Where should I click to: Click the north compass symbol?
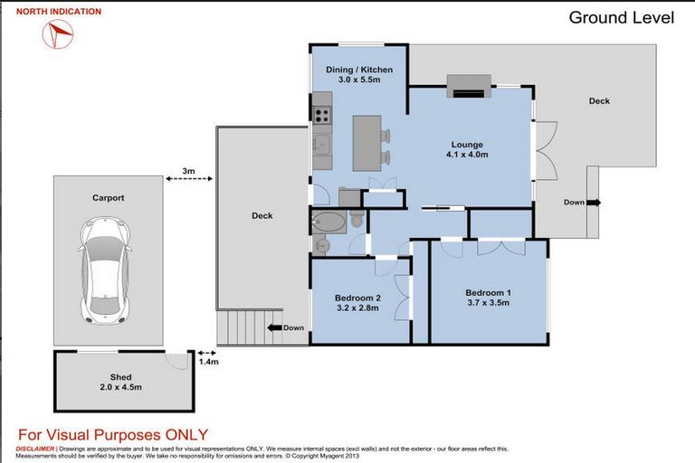click(x=58, y=33)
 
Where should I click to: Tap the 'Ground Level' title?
click(x=621, y=18)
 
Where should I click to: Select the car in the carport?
click(x=106, y=269)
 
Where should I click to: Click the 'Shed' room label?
click(x=120, y=377)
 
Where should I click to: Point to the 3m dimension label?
click(x=188, y=171)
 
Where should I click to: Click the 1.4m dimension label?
click(x=208, y=362)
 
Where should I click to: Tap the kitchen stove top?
click(x=322, y=115)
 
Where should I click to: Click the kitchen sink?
click(x=321, y=144)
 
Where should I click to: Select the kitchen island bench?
click(x=367, y=143)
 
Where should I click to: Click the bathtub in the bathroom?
click(x=328, y=222)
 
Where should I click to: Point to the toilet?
click(x=357, y=218)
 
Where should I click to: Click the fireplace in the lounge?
click(x=469, y=87)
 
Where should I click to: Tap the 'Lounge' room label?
click(x=467, y=145)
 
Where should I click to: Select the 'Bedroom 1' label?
click(x=488, y=293)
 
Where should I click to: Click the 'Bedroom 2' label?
click(x=357, y=298)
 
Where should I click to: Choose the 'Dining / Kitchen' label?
click(x=359, y=70)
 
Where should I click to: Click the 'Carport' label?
click(x=109, y=198)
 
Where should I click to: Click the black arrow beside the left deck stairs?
click(x=275, y=328)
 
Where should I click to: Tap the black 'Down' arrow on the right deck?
click(x=594, y=203)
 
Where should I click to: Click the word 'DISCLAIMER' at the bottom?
click(x=35, y=449)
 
